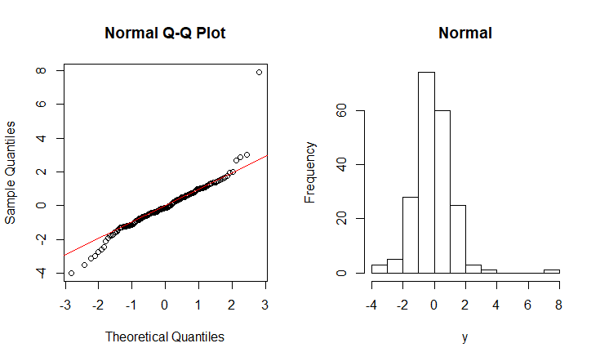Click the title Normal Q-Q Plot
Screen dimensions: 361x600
[165, 33]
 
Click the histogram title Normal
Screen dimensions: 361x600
[465, 33]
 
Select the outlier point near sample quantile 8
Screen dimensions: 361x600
[259, 72]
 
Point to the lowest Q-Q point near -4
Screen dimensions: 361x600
[71, 273]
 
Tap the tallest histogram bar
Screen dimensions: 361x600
[426, 172]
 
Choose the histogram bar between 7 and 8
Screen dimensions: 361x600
[552, 271]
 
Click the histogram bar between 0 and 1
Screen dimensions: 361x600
[442, 191]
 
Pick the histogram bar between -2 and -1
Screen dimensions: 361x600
[411, 234]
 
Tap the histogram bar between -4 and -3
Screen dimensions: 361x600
[380, 269]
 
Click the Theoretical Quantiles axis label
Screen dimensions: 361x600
[165, 336]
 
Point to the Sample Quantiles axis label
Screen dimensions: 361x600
[11, 172]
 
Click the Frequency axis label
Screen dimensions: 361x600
[310, 172]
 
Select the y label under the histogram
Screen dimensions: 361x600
[465, 336]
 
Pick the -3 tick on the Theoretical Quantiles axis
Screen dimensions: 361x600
[64, 305]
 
